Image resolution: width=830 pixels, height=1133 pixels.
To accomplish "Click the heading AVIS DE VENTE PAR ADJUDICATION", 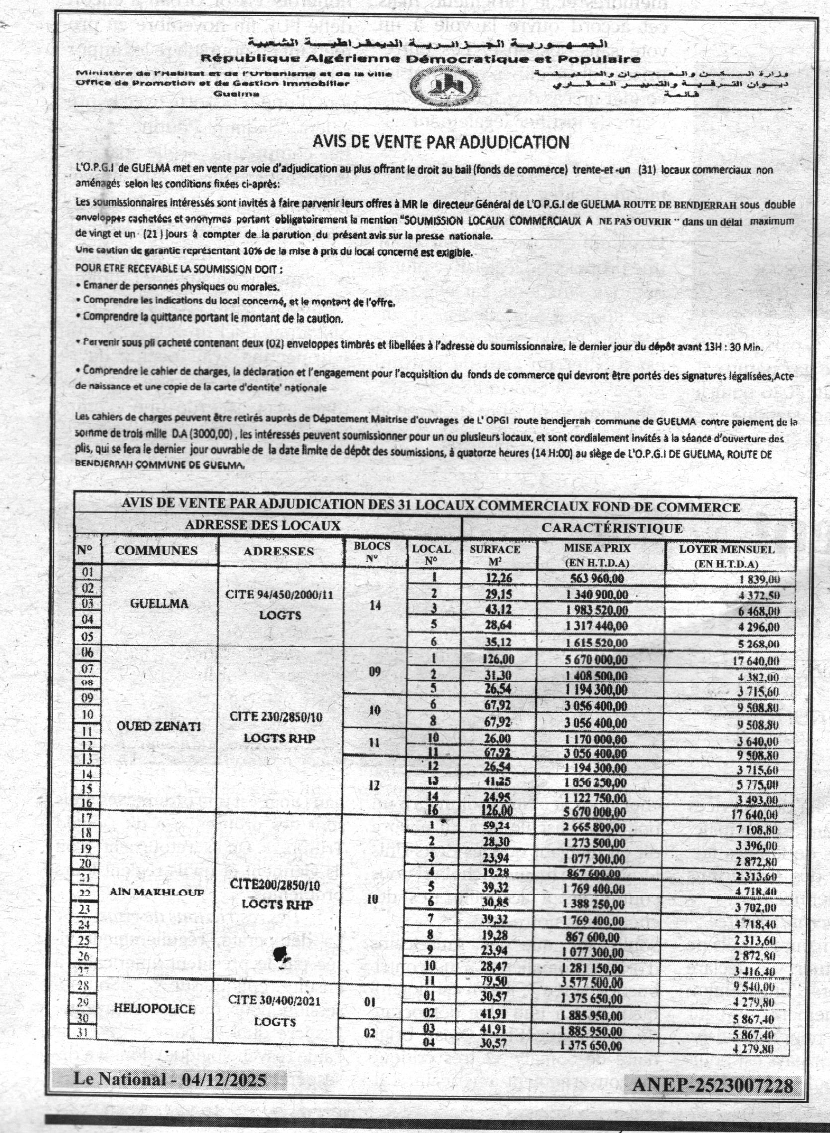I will (x=441, y=143).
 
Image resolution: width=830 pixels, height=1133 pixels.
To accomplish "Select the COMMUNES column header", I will (x=156, y=551).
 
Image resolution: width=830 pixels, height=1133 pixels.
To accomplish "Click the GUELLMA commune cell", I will (x=159, y=604).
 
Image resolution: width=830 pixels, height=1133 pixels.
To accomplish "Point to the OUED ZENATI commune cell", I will (x=158, y=726).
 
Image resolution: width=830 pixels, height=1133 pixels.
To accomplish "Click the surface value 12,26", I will (x=499, y=578).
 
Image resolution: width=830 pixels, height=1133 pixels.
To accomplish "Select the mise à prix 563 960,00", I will (x=597, y=579).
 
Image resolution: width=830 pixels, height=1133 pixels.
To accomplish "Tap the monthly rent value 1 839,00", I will (x=759, y=580).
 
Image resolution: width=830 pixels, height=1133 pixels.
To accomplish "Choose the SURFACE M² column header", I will (x=495, y=555).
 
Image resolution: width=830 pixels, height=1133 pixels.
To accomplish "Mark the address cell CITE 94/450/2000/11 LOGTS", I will (x=280, y=605).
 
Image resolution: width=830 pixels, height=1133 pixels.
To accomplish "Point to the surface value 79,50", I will (x=494, y=981).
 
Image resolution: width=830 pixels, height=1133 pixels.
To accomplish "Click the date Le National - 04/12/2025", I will (x=170, y=1078).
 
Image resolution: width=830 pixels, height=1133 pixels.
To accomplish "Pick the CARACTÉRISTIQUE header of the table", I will (x=611, y=528).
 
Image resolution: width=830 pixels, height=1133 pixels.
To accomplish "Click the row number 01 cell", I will (x=88, y=572).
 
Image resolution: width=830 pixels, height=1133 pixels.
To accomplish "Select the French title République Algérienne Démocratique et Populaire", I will (x=421, y=59).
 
